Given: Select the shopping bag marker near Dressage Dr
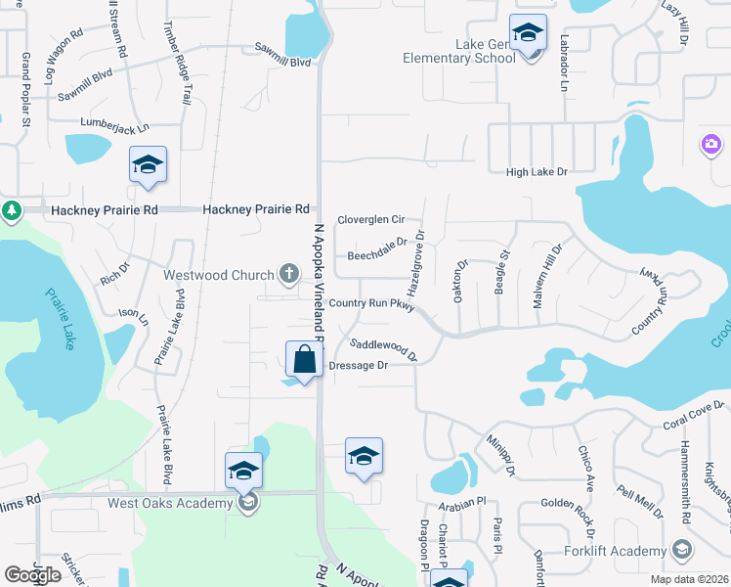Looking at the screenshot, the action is coord(305,359).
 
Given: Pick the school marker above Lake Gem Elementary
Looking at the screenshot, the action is coord(528,34).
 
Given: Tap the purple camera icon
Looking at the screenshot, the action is coord(710,145).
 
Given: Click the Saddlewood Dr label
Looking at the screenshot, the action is coord(384,348).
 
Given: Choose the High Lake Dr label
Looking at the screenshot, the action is coord(537,172).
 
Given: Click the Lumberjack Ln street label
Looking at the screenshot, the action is coord(117,128).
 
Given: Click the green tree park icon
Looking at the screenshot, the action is coord(11,210).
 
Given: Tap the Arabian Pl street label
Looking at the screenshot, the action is coord(462,502).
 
